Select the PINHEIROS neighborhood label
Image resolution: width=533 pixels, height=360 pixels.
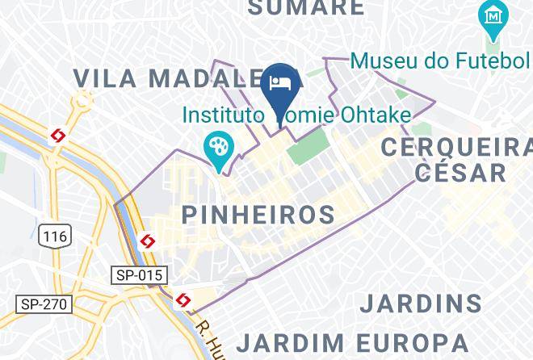click(258, 215)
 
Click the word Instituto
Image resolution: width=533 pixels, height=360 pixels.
click(223, 115)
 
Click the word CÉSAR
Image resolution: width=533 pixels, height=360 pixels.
click(460, 172)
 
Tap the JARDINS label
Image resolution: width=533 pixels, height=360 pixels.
click(421, 303)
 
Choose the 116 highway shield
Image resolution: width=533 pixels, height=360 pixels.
click(54, 236)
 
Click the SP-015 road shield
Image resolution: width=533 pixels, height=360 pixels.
click(138, 275)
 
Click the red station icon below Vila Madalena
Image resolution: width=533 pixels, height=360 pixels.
click(59, 136)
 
